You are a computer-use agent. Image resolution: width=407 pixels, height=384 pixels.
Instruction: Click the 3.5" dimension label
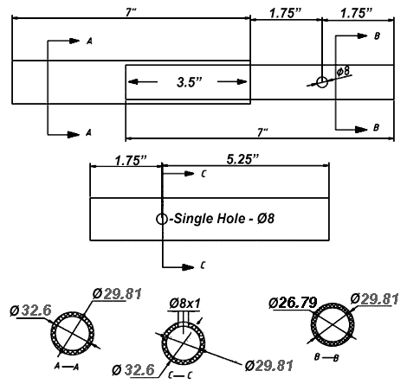tap(190, 82)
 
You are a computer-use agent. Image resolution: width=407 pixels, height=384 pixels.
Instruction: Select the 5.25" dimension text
tap(242, 159)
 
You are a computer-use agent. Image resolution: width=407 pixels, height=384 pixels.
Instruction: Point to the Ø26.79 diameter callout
tap(293, 303)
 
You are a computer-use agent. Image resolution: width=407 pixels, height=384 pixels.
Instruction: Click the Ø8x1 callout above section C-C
tap(184, 304)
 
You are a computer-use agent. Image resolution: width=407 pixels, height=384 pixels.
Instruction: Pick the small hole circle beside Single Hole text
tap(162, 219)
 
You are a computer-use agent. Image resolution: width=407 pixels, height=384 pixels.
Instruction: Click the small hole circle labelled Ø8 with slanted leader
tap(322, 82)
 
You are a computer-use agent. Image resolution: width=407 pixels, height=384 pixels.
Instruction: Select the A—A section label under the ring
tap(67, 367)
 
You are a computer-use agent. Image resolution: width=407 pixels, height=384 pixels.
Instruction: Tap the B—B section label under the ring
tap(326, 357)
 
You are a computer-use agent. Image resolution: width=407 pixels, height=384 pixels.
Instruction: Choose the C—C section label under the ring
tap(180, 375)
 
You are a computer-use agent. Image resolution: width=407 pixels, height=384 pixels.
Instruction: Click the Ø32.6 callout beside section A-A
tap(30, 310)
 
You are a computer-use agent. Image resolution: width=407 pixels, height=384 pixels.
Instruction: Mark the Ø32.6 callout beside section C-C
tap(133, 370)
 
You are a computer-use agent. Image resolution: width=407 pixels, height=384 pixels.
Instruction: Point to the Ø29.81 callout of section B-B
tap(374, 299)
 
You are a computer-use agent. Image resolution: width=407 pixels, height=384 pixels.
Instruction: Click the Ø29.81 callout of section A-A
tap(117, 294)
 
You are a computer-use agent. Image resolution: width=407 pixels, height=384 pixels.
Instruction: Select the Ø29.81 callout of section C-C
tap(269, 366)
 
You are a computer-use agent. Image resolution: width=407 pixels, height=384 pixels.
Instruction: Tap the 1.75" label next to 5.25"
tap(131, 160)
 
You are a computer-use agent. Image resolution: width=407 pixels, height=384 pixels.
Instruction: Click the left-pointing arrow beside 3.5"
tap(143, 82)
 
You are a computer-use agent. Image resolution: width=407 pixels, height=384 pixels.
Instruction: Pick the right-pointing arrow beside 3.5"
tap(232, 82)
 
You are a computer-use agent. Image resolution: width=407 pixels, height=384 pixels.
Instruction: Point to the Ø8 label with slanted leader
tap(344, 71)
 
